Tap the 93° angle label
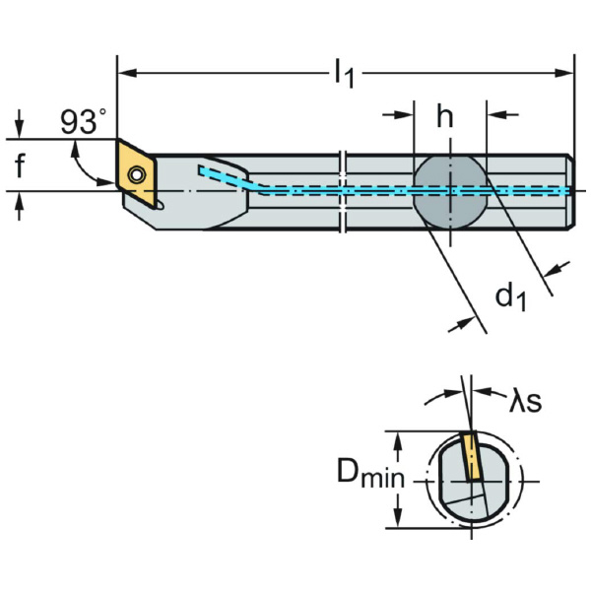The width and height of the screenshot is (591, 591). [83, 122]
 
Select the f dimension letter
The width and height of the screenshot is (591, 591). [20, 166]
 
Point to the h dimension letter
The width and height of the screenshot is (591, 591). [445, 117]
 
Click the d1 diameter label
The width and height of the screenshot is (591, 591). [509, 295]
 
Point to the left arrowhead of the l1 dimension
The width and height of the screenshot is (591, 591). [124, 73]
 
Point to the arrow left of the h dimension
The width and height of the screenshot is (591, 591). [405, 115]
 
